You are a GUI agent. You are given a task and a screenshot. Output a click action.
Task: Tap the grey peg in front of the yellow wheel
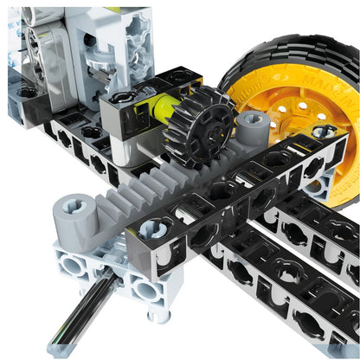point(252,126)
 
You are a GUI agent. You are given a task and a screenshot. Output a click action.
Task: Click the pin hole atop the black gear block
point(121,98)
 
